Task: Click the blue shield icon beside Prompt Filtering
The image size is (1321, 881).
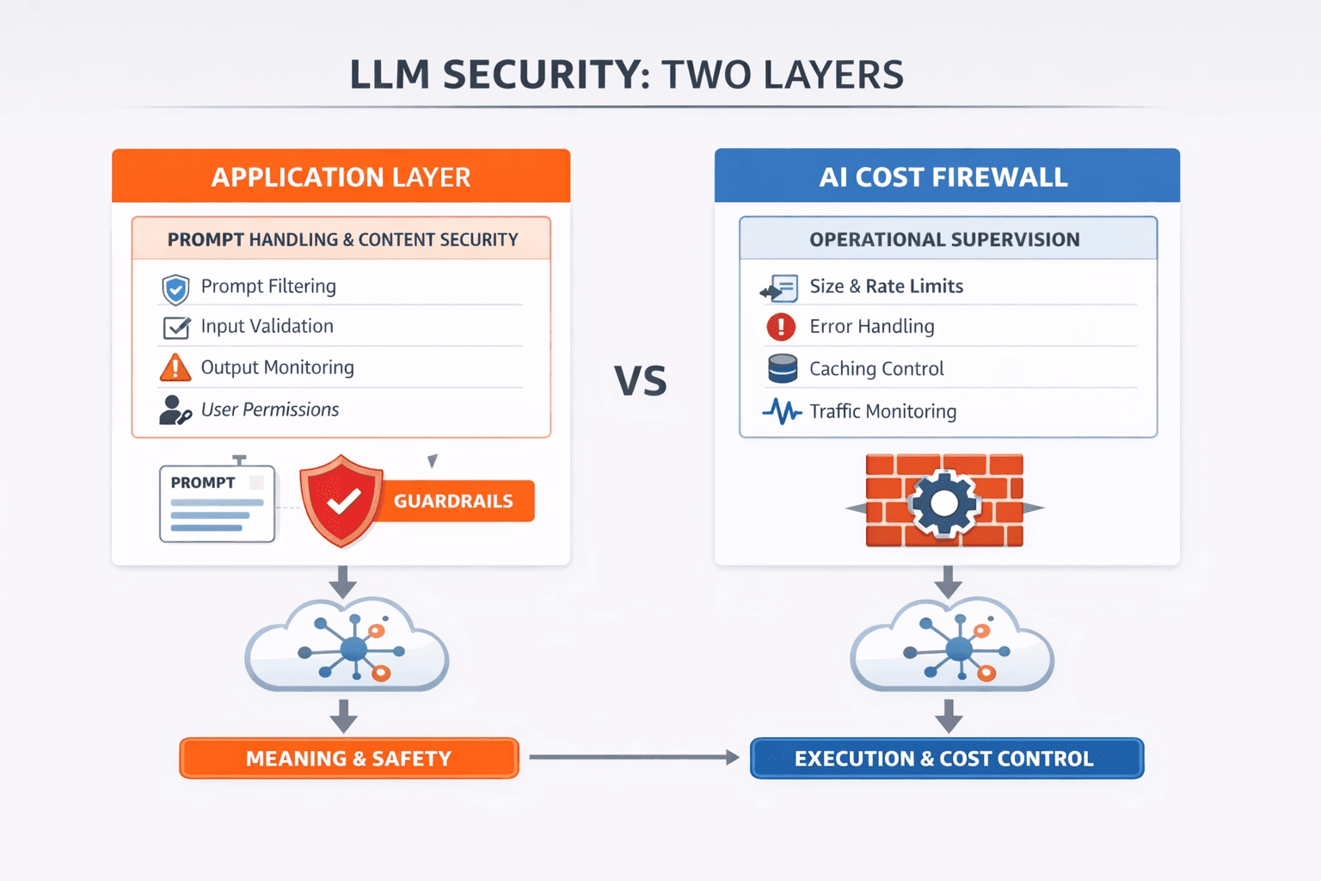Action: pyautogui.click(x=175, y=289)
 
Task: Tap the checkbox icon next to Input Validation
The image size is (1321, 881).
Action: pyautogui.click(x=176, y=328)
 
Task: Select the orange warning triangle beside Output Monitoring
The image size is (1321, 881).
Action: pyautogui.click(x=175, y=368)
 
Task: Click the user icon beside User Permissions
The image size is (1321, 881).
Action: pyautogui.click(x=175, y=410)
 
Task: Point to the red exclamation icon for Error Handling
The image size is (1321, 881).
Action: pyautogui.click(x=781, y=327)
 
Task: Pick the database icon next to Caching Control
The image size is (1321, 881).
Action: pyautogui.click(x=782, y=368)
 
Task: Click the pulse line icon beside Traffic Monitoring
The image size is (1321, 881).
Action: pyautogui.click(x=782, y=411)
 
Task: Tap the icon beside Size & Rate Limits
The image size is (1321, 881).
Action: pyautogui.click(x=779, y=288)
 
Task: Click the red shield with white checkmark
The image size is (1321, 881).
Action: pyautogui.click(x=341, y=501)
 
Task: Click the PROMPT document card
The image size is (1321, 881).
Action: pyautogui.click(x=218, y=503)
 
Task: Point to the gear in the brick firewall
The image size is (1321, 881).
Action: pyautogui.click(x=943, y=503)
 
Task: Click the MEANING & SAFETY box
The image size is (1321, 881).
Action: pyautogui.click(x=348, y=758)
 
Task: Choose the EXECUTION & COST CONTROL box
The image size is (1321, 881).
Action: pyautogui.click(x=946, y=758)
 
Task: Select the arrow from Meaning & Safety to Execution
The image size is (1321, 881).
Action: pyautogui.click(x=633, y=757)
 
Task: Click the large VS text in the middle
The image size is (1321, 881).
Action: pyautogui.click(x=640, y=381)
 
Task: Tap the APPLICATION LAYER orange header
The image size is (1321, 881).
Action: pyautogui.click(x=341, y=176)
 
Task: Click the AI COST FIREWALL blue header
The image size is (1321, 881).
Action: pyautogui.click(x=946, y=176)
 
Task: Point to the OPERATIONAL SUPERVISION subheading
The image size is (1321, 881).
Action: pyautogui.click(x=946, y=239)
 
